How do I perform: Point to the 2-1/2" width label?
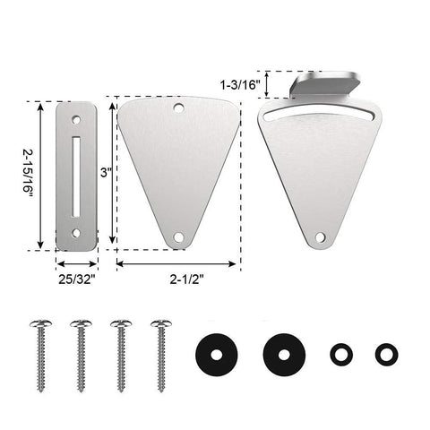pyautogui.click(x=178, y=279)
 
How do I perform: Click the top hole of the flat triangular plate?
pyautogui.click(x=178, y=107)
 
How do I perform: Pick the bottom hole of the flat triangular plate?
pyautogui.click(x=178, y=237)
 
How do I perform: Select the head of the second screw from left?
pyautogui.click(x=79, y=321)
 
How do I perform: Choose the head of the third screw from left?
pyautogui.click(x=119, y=321)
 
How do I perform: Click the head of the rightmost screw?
pyautogui.click(x=159, y=321)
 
